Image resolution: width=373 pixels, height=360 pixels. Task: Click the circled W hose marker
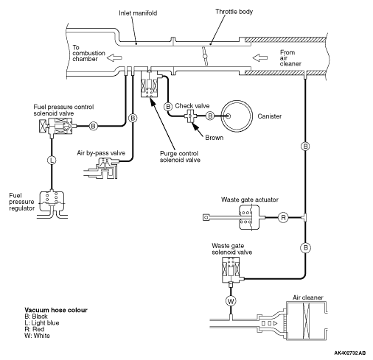point(231,301)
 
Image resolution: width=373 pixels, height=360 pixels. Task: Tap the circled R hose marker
point(283,217)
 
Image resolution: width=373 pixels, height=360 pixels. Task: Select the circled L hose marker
point(52,160)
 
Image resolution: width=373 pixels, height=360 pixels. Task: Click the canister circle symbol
point(237,116)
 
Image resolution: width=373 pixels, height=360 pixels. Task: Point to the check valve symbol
point(191,116)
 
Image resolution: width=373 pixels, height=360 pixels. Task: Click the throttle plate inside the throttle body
point(205,56)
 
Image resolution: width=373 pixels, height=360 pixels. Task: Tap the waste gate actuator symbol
point(249,217)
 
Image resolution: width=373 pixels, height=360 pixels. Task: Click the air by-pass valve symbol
point(102,168)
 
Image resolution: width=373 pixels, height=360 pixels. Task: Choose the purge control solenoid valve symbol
point(150,84)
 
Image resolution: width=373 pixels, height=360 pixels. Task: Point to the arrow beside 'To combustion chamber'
point(114,58)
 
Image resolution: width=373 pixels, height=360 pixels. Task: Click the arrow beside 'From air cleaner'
point(260,57)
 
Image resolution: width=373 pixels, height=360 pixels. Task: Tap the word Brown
point(215,138)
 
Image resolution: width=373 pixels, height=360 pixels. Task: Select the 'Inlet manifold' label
point(138,13)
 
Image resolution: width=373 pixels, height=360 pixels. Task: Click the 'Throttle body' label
point(234,12)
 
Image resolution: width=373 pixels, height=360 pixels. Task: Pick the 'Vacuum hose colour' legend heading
point(56,310)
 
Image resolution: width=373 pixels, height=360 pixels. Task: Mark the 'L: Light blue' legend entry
point(42,323)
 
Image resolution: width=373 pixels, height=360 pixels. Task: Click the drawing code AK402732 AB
point(350,353)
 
